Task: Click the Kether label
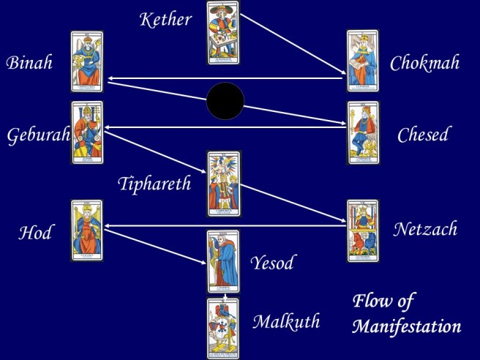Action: tap(165, 19)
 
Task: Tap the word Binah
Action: tap(29, 62)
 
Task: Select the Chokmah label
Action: tap(424, 63)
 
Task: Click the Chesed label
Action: tap(423, 135)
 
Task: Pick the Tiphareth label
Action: tap(154, 183)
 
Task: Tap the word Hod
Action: tap(35, 233)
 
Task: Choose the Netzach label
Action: tap(424, 229)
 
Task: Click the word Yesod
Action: tap(272, 263)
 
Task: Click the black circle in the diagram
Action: tap(225, 102)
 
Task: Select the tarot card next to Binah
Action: tap(87, 61)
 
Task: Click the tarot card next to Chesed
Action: tap(362, 132)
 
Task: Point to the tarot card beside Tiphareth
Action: tap(223, 184)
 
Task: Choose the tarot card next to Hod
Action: tap(87, 230)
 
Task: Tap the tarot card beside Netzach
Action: tap(362, 230)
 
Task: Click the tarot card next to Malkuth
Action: tap(223, 329)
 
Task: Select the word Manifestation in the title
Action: tap(406, 326)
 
